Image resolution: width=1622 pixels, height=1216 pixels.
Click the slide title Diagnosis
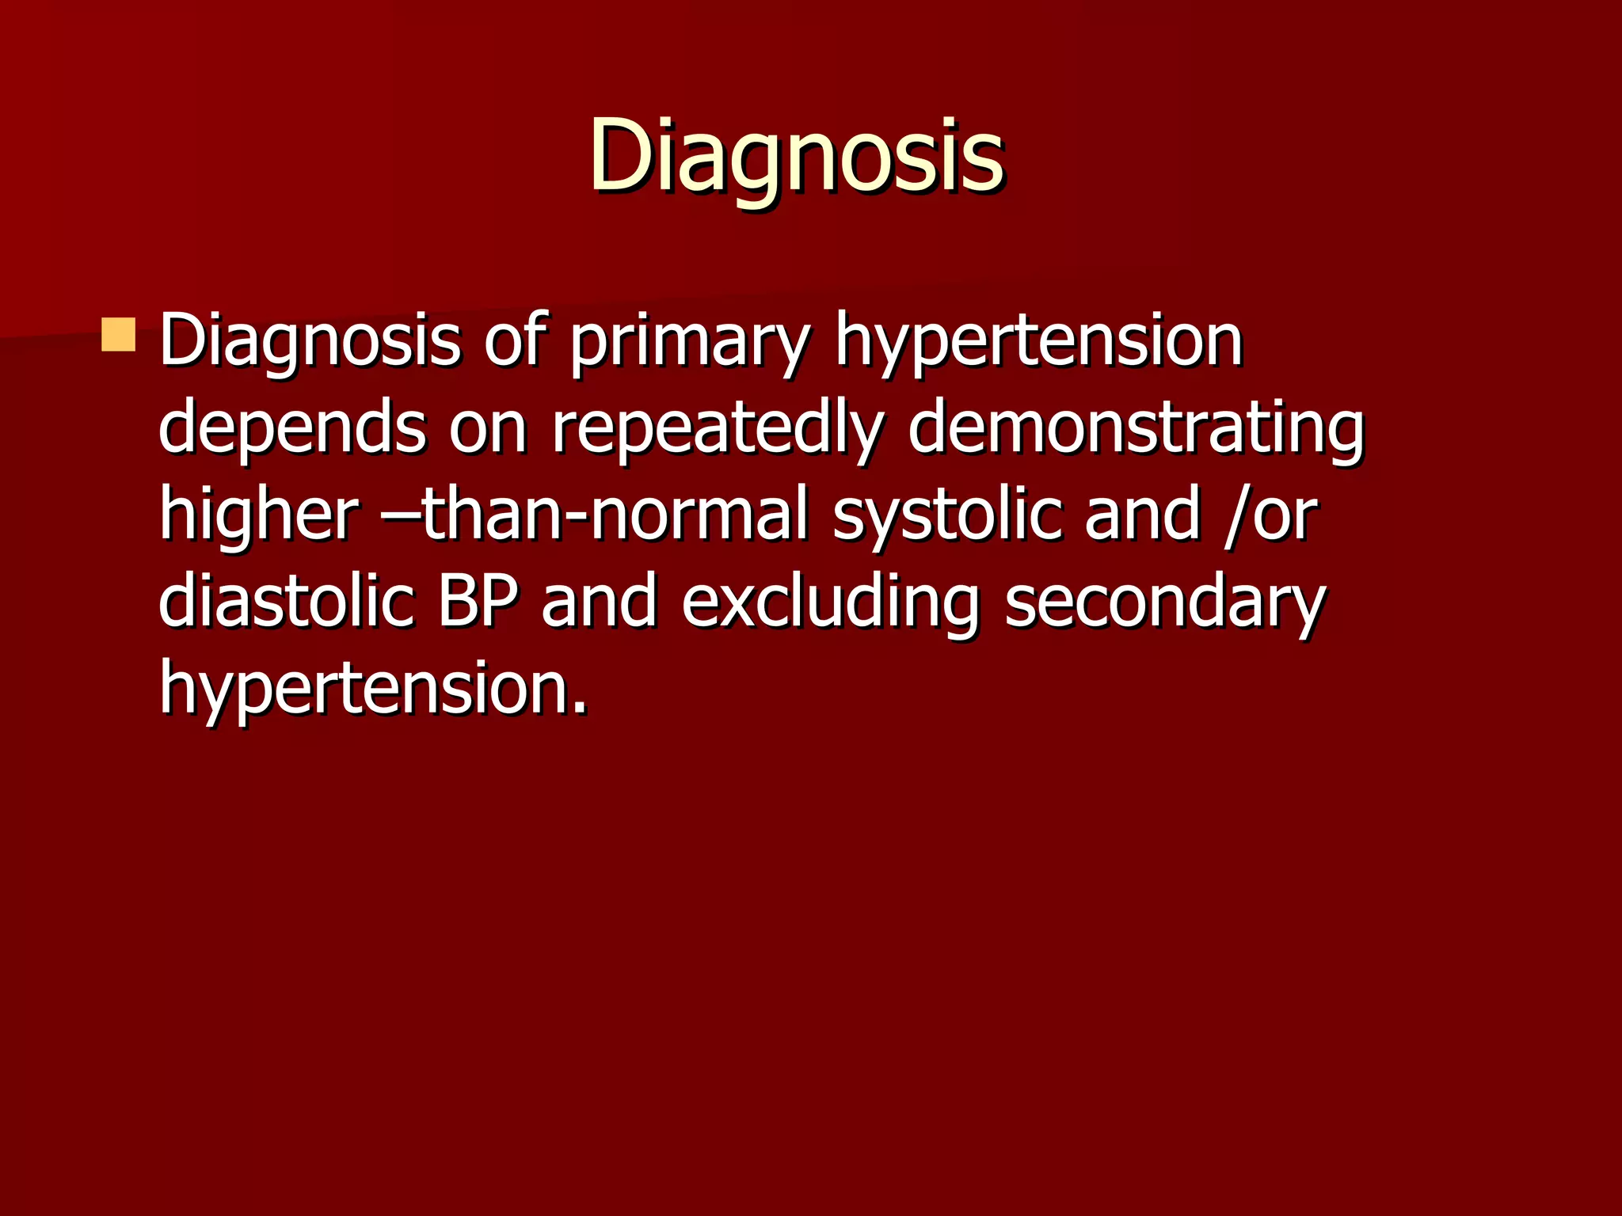pyautogui.click(x=797, y=155)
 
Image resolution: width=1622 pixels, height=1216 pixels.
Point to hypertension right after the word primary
pyautogui.click(x=1038, y=342)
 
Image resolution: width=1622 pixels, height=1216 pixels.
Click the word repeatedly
pyautogui.click(x=717, y=429)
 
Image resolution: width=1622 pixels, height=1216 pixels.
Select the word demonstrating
pyautogui.click(x=1137, y=429)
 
